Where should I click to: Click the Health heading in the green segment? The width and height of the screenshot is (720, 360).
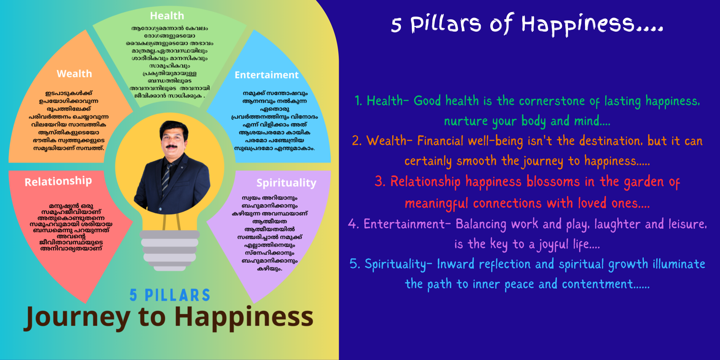[167, 16]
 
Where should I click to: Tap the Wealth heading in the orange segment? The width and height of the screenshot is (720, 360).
[74, 74]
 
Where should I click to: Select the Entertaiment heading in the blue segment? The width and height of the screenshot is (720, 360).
[267, 75]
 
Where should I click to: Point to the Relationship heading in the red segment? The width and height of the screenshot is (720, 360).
[58, 181]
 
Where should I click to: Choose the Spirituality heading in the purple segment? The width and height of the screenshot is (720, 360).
[286, 183]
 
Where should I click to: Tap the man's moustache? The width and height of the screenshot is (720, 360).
[171, 146]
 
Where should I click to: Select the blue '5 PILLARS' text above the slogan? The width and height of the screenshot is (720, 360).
[170, 295]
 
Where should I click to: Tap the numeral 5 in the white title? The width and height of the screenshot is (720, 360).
[396, 25]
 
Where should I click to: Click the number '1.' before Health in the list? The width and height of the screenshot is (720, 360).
[358, 101]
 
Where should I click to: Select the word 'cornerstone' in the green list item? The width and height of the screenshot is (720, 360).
[552, 101]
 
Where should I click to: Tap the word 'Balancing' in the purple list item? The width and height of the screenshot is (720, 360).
[481, 224]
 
